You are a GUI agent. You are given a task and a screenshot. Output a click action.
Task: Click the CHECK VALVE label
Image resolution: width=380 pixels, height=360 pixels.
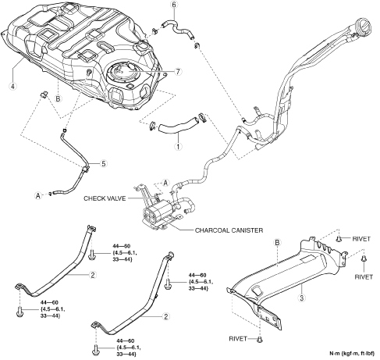click(x=105, y=198)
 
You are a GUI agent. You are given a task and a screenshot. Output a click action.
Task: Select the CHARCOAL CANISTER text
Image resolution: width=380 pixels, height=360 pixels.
click(x=229, y=230)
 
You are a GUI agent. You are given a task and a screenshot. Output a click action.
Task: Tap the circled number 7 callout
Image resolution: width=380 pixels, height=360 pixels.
click(x=178, y=71)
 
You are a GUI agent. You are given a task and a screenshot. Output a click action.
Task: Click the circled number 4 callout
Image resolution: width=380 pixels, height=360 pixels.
click(x=12, y=86)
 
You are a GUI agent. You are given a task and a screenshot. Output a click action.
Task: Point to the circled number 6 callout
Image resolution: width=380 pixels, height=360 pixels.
click(x=174, y=5)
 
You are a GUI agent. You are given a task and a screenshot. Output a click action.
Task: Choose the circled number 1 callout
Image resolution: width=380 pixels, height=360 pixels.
click(x=178, y=147)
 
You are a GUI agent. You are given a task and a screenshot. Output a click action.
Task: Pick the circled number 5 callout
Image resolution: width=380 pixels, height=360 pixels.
click(x=104, y=164)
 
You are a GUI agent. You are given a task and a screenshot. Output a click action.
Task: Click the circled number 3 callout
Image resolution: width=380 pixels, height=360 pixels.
click(x=302, y=298)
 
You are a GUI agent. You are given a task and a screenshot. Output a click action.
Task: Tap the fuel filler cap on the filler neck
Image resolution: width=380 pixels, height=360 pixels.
click(x=363, y=27)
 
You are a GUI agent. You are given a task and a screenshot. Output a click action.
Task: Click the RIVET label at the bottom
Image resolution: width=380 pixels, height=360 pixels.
click(x=238, y=339)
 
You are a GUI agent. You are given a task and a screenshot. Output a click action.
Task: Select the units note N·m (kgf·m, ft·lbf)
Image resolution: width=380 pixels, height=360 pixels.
click(x=352, y=354)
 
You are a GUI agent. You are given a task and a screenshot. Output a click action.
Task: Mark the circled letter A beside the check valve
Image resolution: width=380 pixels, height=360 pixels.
click(x=165, y=183)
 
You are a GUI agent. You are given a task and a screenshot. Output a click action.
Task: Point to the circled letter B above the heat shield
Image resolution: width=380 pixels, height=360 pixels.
click(x=277, y=243)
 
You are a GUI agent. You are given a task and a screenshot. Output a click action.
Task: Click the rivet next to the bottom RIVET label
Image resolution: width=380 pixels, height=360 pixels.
click(x=259, y=339)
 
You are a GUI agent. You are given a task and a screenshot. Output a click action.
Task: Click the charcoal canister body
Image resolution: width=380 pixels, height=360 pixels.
click(x=158, y=211)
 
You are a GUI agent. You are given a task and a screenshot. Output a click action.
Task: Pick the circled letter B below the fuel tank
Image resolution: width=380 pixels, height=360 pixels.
click(x=58, y=98)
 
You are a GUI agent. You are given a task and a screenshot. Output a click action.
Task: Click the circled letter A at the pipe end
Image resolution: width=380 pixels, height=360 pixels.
click(x=38, y=195)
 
